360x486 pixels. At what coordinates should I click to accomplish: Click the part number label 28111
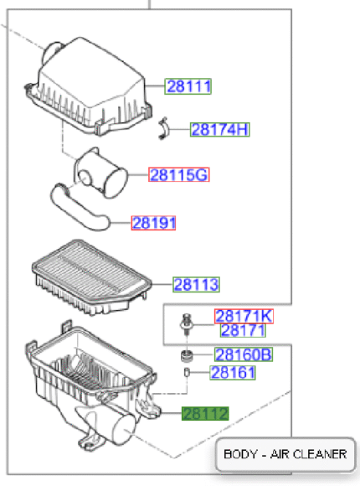[x=188, y=86]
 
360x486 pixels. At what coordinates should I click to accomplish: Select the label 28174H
[x=219, y=130]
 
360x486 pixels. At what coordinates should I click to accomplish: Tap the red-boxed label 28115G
[x=179, y=175]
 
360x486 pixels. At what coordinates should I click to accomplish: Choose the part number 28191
[x=153, y=223]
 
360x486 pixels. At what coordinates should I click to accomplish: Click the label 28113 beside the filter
[x=196, y=285]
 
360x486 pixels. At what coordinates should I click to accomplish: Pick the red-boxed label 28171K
[x=244, y=316]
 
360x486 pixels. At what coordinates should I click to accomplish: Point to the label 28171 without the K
[x=243, y=330]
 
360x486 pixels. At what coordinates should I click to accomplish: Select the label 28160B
[x=244, y=354]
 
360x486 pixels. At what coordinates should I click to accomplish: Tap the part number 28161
[x=233, y=373]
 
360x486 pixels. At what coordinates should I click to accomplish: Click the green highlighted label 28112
[x=205, y=414]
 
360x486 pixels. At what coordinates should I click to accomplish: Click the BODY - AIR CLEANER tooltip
[x=285, y=454]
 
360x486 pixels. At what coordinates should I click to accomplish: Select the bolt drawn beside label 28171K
[x=187, y=324]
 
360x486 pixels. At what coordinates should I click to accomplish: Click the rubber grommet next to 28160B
[x=187, y=355]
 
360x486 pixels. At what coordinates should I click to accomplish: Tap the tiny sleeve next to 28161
[x=187, y=372]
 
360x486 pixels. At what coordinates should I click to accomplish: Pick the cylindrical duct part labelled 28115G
[x=100, y=173]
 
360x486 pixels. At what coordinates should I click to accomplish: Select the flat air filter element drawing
[x=92, y=277]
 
